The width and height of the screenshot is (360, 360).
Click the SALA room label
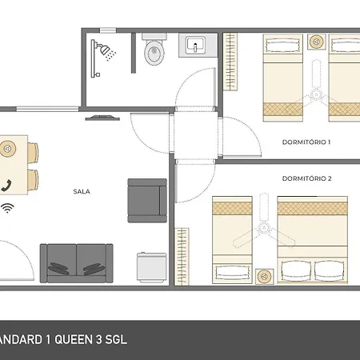pyautogui.click(x=82, y=191)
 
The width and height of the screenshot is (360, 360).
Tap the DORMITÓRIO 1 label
pyautogui.click(x=306, y=142)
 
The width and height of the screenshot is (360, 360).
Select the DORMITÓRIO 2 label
pyautogui.click(x=306, y=178)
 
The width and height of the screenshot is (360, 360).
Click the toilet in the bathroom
pyautogui.click(x=154, y=50)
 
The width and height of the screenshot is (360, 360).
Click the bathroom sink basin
pyautogui.click(x=195, y=45)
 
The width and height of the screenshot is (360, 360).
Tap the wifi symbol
pyautogui.click(x=7, y=208)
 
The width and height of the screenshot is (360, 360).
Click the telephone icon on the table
pyautogui.click(x=6, y=186)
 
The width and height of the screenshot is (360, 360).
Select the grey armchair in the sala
pyautogui.click(x=147, y=201)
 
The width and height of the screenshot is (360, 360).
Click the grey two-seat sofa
pyautogui.click(x=76, y=263)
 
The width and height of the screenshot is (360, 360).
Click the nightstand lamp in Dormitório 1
pyautogui.click(x=317, y=42)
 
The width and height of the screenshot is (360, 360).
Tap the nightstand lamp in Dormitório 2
pyautogui.click(x=264, y=277)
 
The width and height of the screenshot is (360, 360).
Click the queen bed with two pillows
pyautogui.click(x=312, y=240)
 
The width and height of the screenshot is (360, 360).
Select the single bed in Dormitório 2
pyautogui.click(x=232, y=240)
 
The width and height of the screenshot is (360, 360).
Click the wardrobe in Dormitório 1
pyautogui.click(x=230, y=62)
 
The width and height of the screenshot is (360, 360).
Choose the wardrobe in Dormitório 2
pyautogui.click(x=182, y=257)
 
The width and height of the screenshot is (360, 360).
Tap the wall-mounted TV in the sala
pyautogui.click(x=102, y=118)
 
